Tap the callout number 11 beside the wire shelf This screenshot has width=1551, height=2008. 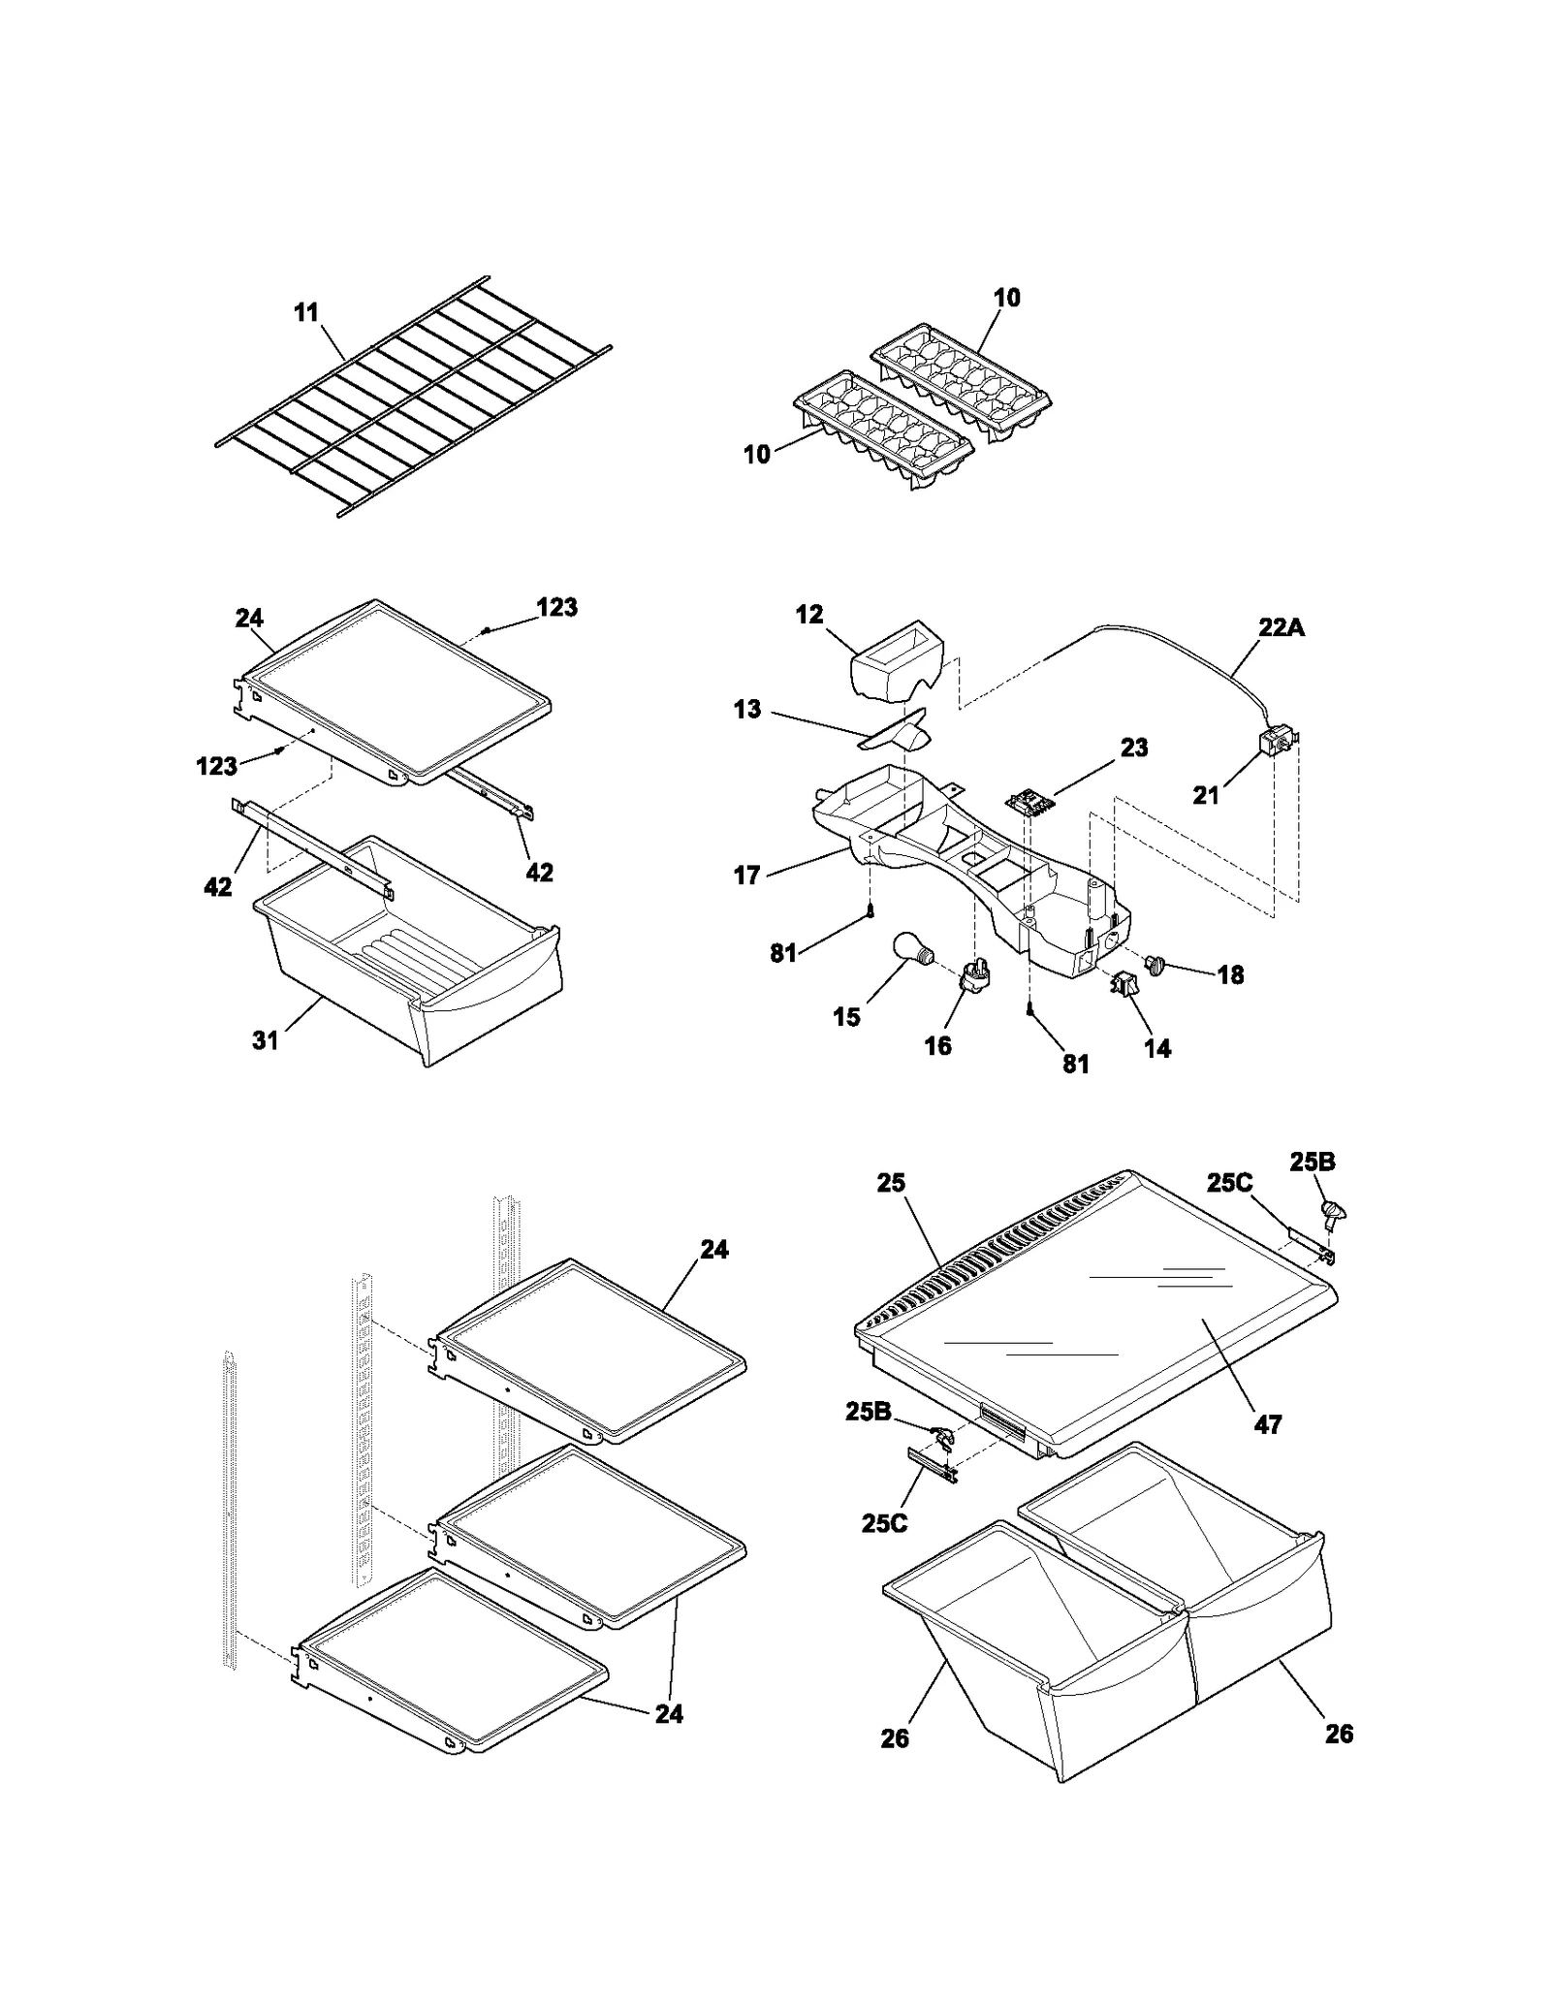click(306, 313)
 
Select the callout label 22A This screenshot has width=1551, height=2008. click(1282, 627)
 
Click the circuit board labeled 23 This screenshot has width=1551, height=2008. click(1027, 802)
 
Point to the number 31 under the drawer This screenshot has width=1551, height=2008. click(265, 1040)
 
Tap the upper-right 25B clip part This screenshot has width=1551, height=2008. click(1336, 1212)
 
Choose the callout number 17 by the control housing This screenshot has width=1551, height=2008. click(746, 876)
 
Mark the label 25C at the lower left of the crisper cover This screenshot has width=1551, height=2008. click(884, 1523)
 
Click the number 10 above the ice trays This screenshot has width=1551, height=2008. click(1006, 298)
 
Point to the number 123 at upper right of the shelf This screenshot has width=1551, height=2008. click(556, 607)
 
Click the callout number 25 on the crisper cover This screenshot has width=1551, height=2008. click(891, 1183)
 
